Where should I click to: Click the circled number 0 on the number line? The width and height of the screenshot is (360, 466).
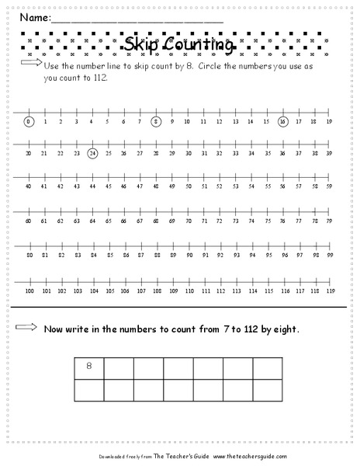(29, 121)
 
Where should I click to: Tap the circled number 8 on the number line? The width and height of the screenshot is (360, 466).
(156, 121)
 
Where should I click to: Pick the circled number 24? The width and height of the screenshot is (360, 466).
(92, 154)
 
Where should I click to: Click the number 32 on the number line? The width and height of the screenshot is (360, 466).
(220, 154)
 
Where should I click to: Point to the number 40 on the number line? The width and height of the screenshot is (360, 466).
(29, 186)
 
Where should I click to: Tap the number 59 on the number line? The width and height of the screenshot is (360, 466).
(330, 186)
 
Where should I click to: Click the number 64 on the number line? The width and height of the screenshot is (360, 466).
(92, 221)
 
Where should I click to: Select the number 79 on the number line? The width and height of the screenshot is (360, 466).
(330, 221)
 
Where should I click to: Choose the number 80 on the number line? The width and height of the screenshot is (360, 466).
(29, 255)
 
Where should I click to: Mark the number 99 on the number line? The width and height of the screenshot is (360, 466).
(330, 255)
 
